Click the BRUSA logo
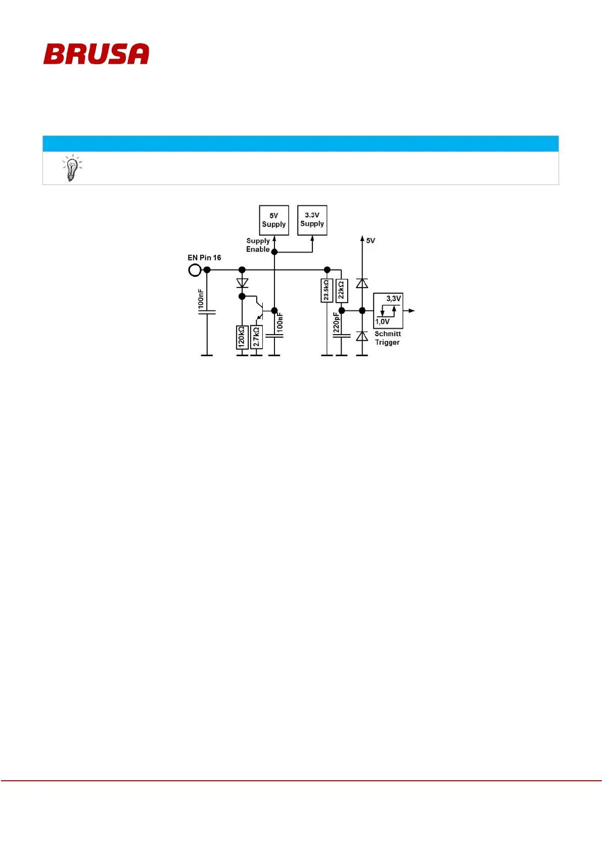click(x=96, y=54)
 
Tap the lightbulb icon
click(x=72, y=168)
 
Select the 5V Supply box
click(x=274, y=220)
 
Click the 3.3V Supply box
click(x=312, y=220)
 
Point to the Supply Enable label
click(x=258, y=245)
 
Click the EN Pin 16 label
click(x=204, y=258)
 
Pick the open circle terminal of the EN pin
click(x=194, y=270)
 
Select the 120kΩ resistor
click(x=242, y=337)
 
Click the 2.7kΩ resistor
click(x=257, y=337)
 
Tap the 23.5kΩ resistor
click(x=327, y=291)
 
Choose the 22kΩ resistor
click(x=342, y=291)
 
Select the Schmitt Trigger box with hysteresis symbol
click(x=388, y=311)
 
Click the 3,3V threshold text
click(x=393, y=299)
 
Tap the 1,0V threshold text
click(x=383, y=322)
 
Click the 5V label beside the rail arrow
click(x=371, y=241)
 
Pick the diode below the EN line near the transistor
click(x=242, y=283)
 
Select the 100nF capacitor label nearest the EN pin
click(x=201, y=299)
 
